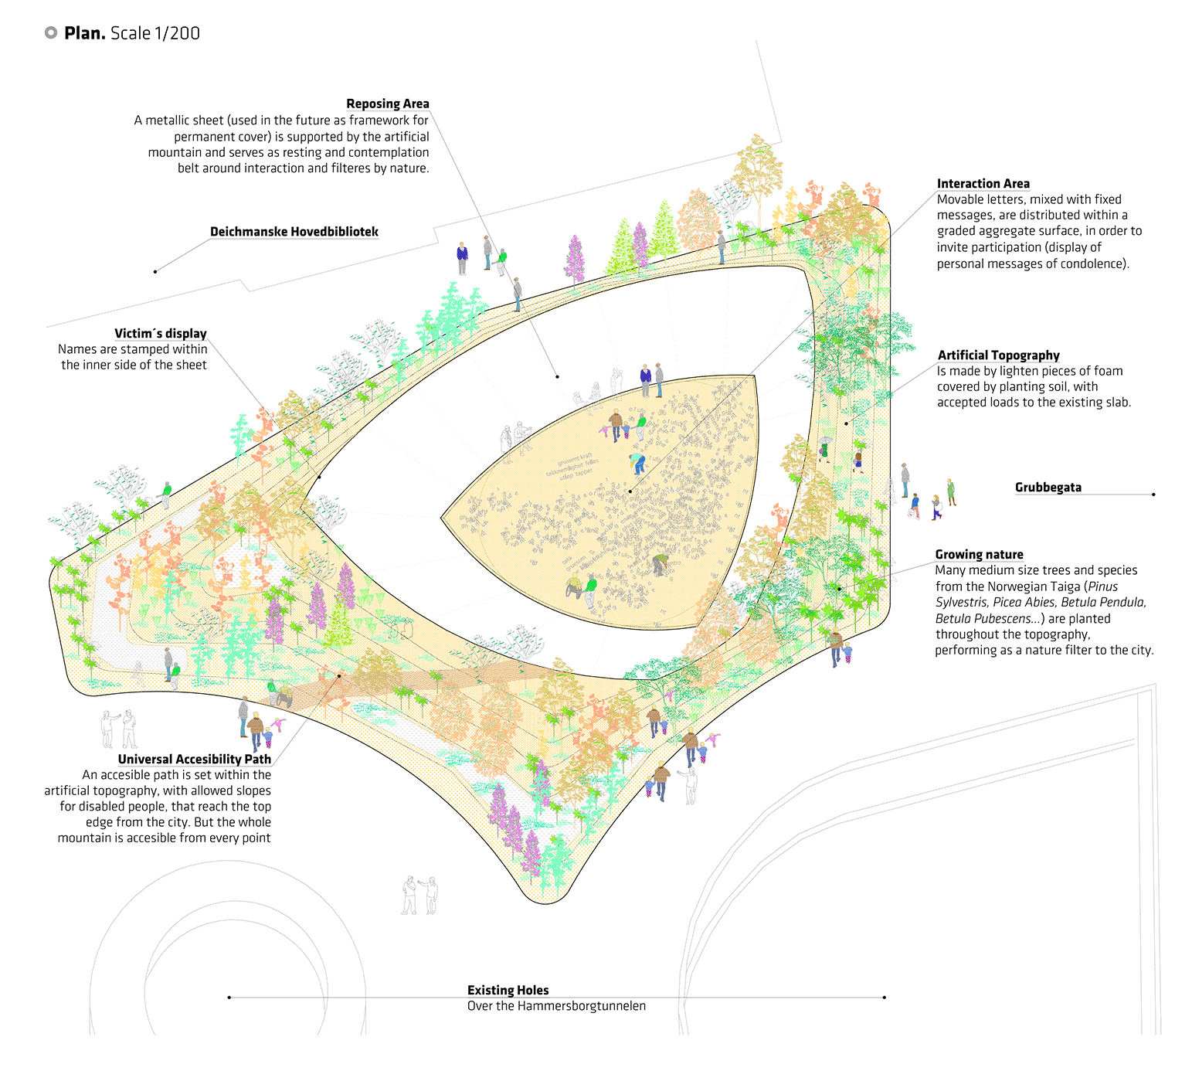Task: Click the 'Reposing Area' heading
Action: coord(387,104)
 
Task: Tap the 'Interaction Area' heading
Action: coord(983,183)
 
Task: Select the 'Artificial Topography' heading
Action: coord(998,355)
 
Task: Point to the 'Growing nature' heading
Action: coord(979,554)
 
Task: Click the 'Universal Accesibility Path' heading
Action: coord(194,759)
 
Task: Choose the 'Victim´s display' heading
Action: coord(160,333)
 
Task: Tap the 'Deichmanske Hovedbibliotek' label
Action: coord(294,232)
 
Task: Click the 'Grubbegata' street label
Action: coord(1048,487)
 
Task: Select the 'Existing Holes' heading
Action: coord(508,990)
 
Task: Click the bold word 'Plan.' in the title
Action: coord(84,33)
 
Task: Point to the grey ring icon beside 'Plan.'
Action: coord(51,32)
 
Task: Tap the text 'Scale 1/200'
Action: coord(155,33)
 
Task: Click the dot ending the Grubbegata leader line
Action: coord(1153,495)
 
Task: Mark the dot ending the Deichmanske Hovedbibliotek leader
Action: coord(155,271)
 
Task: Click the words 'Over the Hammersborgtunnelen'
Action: coord(556,1006)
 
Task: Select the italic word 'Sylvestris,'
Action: coord(961,603)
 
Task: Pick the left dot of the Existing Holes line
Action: coord(229,998)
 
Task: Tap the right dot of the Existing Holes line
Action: coord(884,998)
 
